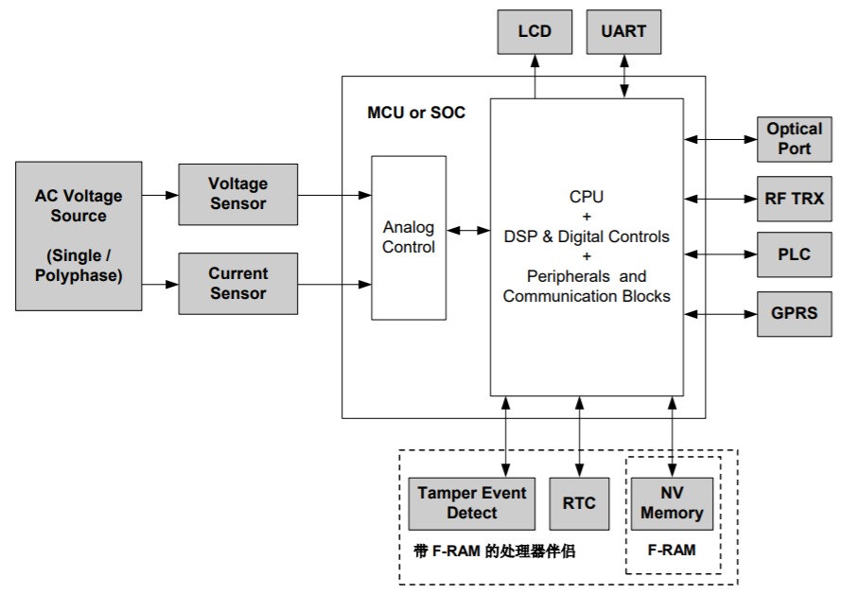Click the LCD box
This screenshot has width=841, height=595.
(x=534, y=31)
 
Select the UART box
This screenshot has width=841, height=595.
(x=623, y=31)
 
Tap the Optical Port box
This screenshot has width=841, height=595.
(x=795, y=140)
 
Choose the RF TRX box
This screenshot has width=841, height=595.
(x=795, y=200)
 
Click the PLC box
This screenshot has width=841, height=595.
(x=795, y=254)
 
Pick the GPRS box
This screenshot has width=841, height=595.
(x=795, y=313)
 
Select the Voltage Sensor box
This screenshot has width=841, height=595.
(x=237, y=194)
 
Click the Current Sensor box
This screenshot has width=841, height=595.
(x=237, y=284)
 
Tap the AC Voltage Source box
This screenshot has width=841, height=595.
(x=79, y=236)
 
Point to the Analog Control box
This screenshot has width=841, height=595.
(x=409, y=237)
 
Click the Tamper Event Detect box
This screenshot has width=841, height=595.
(x=471, y=503)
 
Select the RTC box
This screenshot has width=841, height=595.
(x=579, y=503)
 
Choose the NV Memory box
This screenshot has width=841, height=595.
(x=672, y=503)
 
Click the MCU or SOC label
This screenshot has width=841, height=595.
(x=416, y=113)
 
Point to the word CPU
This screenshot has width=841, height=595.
(x=587, y=198)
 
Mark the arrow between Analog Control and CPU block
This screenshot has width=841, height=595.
(x=468, y=230)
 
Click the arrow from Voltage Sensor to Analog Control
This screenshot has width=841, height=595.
(x=334, y=195)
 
